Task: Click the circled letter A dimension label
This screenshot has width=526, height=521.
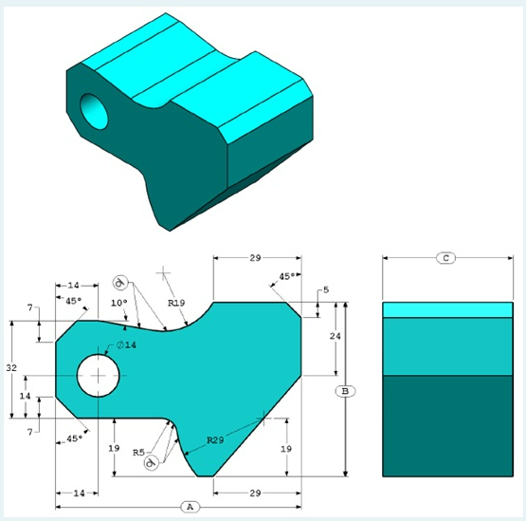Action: tap(190, 507)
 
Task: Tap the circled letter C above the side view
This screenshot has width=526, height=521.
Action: tap(446, 257)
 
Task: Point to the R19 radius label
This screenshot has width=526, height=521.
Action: tap(175, 303)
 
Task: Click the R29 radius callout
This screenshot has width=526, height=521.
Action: tap(217, 440)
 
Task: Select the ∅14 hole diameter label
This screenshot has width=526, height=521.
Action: tap(127, 345)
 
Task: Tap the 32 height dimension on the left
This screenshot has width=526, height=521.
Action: tap(11, 367)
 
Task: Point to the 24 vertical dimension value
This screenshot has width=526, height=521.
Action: tap(335, 336)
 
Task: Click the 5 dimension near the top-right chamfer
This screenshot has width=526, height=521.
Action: tap(325, 289)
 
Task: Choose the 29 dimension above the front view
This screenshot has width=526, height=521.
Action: tap(255, 257)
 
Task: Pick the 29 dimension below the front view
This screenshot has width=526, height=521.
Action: tap(256, 493)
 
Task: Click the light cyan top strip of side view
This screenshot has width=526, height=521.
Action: tap(446, 309)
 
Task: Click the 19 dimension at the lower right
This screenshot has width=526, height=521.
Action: tap(285, 447)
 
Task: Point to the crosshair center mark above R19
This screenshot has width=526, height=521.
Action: tap(165, 274)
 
